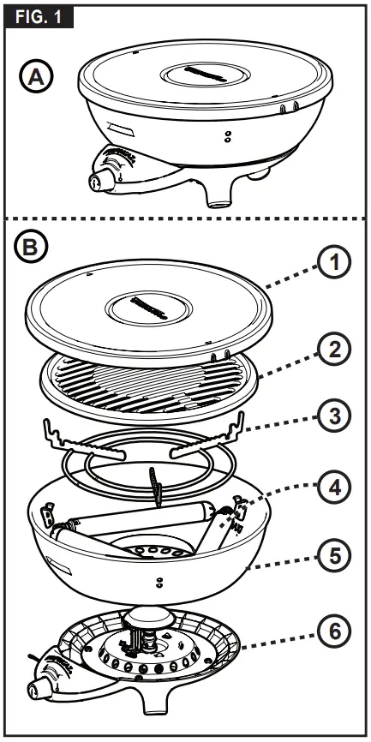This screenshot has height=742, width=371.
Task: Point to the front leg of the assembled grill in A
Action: pos(219,192)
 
